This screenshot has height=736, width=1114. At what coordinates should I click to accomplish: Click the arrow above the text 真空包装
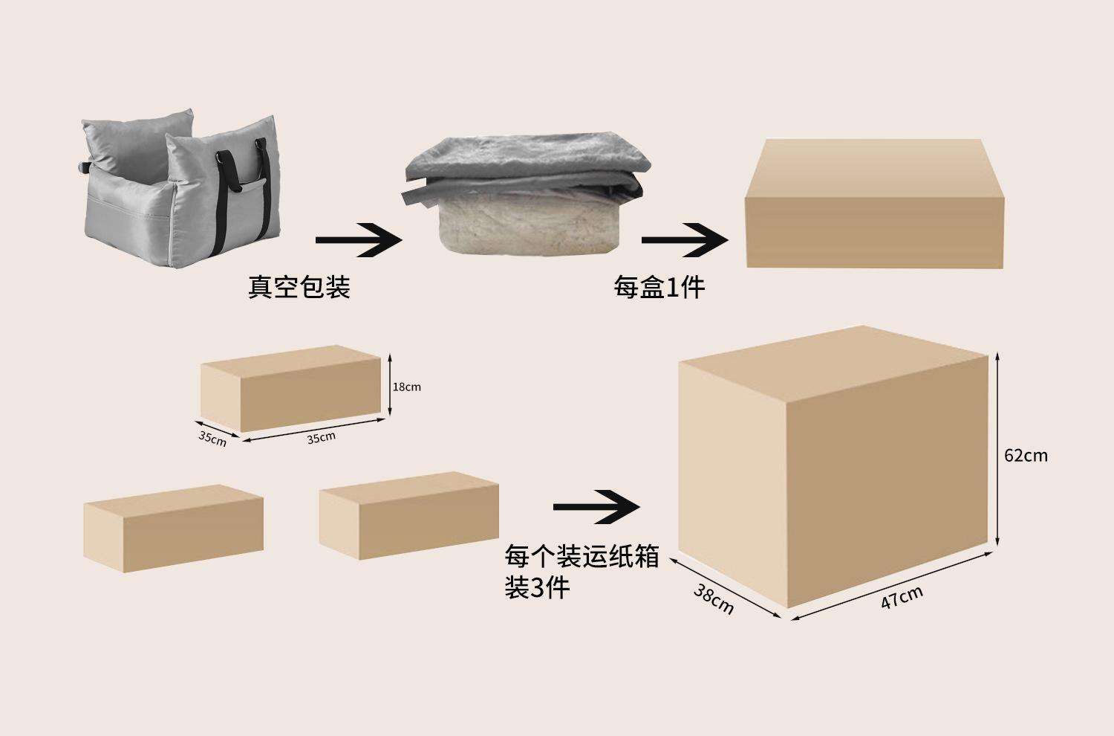(x=359, y=240)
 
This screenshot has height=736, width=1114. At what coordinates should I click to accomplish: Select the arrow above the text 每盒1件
(x=685, y=240)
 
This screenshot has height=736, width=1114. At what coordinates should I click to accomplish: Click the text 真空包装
(x=299, y=287)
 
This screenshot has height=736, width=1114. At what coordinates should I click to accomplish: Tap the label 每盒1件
(x=659, y=287)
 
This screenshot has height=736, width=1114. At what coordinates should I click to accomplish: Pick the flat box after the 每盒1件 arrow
(x=874, y=204)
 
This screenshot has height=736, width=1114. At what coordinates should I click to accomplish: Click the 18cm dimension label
(x=407, y=387)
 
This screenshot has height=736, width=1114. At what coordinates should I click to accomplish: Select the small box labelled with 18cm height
(x=291, y=388)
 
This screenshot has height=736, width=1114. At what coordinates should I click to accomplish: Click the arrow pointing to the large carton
(x=596, y=507)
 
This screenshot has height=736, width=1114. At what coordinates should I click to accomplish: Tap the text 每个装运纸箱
(x=582, y=557)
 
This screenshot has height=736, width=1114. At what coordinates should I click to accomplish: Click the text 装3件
(x=537, y=587)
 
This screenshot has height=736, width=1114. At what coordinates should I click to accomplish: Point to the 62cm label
(x=1026, y=456)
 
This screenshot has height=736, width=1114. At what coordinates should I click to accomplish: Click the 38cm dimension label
(x=713, y=599)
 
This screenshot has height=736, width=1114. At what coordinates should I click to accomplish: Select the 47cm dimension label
(x=902, y=597)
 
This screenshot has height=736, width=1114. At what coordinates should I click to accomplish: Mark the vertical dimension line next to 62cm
(x=997, y=449)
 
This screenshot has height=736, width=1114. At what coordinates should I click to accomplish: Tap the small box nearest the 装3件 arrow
(x=408, y=515)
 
